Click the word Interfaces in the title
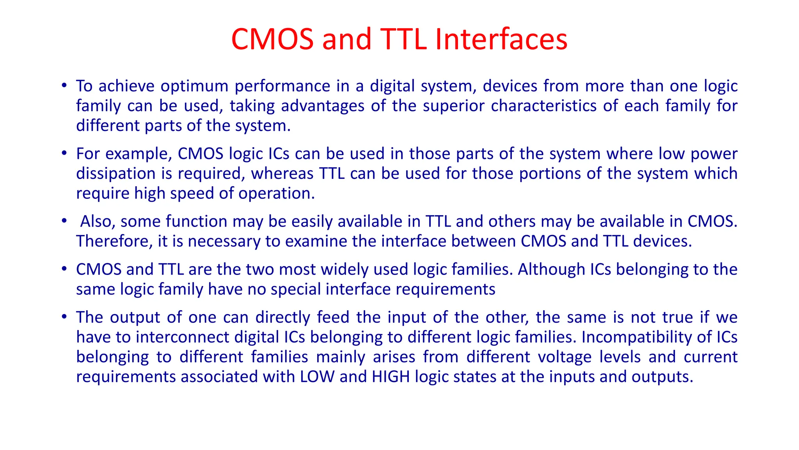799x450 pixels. pyautogui.click(x=501, y=39)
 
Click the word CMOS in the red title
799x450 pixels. pyautogui.click(x=272, y=39)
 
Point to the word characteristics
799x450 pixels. pyautogui.click(x=543, y=106)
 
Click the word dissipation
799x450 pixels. pyautogui.click(x=116, y=173)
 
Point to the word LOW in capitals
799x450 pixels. pyautogui.click(x=317, y=377)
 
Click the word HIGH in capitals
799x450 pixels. pyautogui.click(x=391, y=377)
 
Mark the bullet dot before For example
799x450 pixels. pyautogui.click(x=64, y=153)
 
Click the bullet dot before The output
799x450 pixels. pyautogui.click(x=64, y=316)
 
